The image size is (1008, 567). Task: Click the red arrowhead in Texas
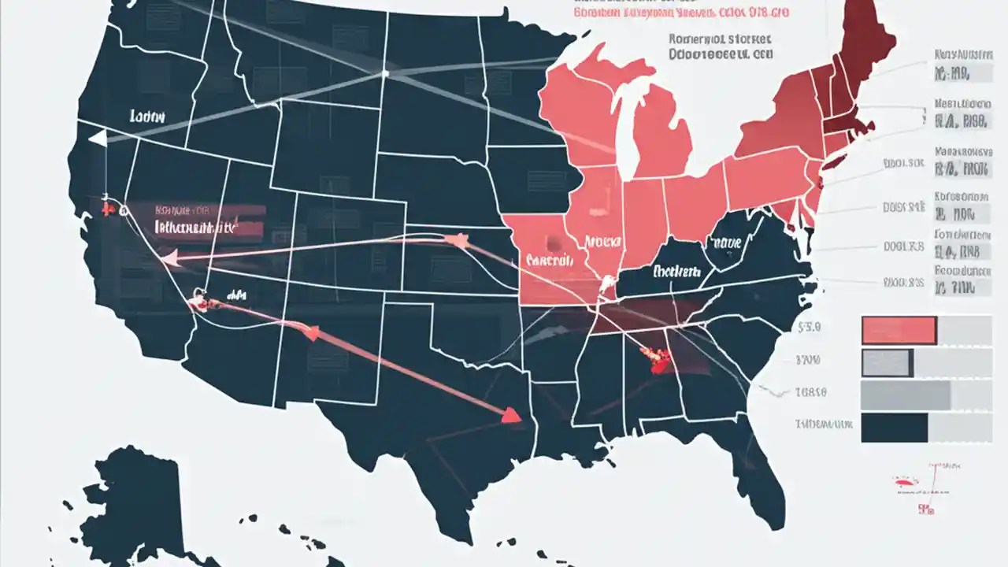(x=512, y=415)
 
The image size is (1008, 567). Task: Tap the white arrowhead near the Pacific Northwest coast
(x=98, y=139)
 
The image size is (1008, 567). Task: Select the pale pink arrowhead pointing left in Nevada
(x=167, y=255)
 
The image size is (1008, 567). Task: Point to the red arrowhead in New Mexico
(x=311, y=333)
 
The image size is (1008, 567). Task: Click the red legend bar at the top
(x=899, y=330)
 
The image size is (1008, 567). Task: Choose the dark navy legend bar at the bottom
(x=895, y=428)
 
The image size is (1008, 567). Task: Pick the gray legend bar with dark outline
(x=887, y=362)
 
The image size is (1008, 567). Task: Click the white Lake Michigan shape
(x=626, y=134)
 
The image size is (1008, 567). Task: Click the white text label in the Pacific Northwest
(x=147, y=116)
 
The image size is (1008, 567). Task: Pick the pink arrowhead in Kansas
(x=454, y=238)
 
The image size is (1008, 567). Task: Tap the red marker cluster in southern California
(x=199, y=301)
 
